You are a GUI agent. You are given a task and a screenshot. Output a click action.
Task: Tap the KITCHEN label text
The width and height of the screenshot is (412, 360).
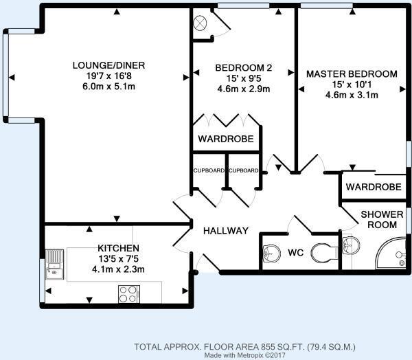coord(118,248)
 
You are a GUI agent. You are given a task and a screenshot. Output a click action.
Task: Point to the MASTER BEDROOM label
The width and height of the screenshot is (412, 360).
coord(352,74)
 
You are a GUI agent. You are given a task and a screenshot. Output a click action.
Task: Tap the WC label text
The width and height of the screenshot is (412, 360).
coord(295,252)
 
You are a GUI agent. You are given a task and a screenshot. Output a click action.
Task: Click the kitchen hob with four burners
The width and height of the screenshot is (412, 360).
coord(128,293)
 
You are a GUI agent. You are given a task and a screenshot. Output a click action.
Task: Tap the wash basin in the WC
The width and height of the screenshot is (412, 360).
coord(271,252)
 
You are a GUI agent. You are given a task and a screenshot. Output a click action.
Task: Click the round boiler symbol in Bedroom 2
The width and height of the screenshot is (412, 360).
coord(201,22)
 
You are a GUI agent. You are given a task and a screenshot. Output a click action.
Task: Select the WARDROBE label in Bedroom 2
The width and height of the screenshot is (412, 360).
coord(225,139)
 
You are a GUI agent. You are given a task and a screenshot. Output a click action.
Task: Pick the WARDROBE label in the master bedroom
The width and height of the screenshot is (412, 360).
coord(373,187)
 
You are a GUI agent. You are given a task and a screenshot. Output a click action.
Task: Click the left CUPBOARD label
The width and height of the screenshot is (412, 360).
coord(207,170)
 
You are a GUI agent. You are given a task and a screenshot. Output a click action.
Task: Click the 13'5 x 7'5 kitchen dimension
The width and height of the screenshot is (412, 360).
coord(118,259)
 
